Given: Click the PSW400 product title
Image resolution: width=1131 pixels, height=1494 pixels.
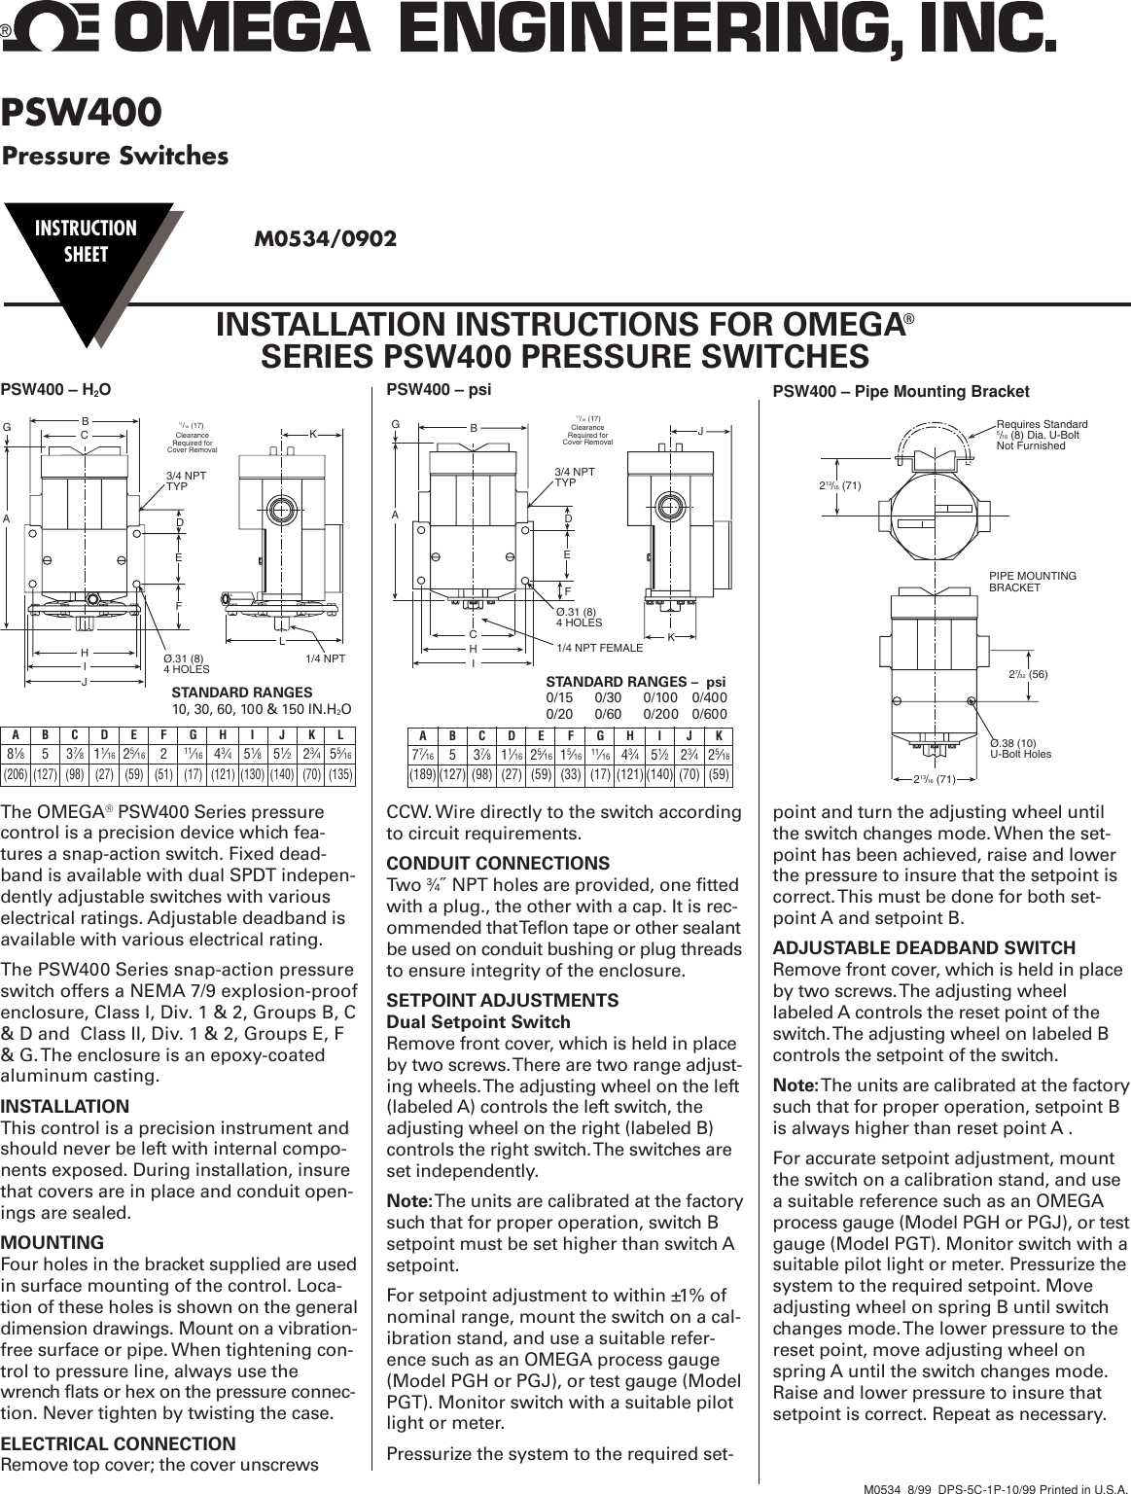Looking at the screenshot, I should (x=82, y=114).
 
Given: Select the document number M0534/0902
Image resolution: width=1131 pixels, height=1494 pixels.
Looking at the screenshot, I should (x=325, y=238).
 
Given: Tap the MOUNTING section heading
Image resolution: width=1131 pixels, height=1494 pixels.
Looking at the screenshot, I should (x=53, y=1242).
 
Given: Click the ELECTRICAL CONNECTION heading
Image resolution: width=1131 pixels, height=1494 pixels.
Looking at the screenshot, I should (x=118, y=1443).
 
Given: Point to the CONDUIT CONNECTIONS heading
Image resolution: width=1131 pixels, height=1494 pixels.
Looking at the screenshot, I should (x=498, y=863).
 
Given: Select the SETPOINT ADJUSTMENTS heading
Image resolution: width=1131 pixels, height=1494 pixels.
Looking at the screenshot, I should (x=502, y=1000).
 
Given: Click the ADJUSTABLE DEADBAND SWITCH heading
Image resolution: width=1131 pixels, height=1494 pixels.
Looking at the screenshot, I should (x=924, y=947).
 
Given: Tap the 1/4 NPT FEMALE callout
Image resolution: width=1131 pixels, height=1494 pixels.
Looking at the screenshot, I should (x=599, y=648).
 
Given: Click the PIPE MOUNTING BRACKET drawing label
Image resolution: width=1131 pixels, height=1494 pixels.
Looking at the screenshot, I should (x=1032, y=582).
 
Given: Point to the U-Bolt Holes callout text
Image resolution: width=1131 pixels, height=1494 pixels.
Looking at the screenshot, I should (x=1020, y=754).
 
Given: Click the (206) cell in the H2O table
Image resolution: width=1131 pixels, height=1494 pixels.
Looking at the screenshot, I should (x=16, y=775).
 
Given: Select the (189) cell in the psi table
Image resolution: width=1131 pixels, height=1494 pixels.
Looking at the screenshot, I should (x=422, y=775).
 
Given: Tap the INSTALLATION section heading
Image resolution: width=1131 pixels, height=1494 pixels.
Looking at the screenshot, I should (x=64, y=1106).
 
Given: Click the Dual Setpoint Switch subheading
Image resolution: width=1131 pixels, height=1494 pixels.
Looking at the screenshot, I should (x=478, y=1021).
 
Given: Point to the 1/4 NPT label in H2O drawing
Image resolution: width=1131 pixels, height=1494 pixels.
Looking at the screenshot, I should (x=325, y=658).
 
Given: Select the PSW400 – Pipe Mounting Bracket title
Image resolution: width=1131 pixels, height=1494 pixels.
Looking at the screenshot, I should (x=900, y=392).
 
